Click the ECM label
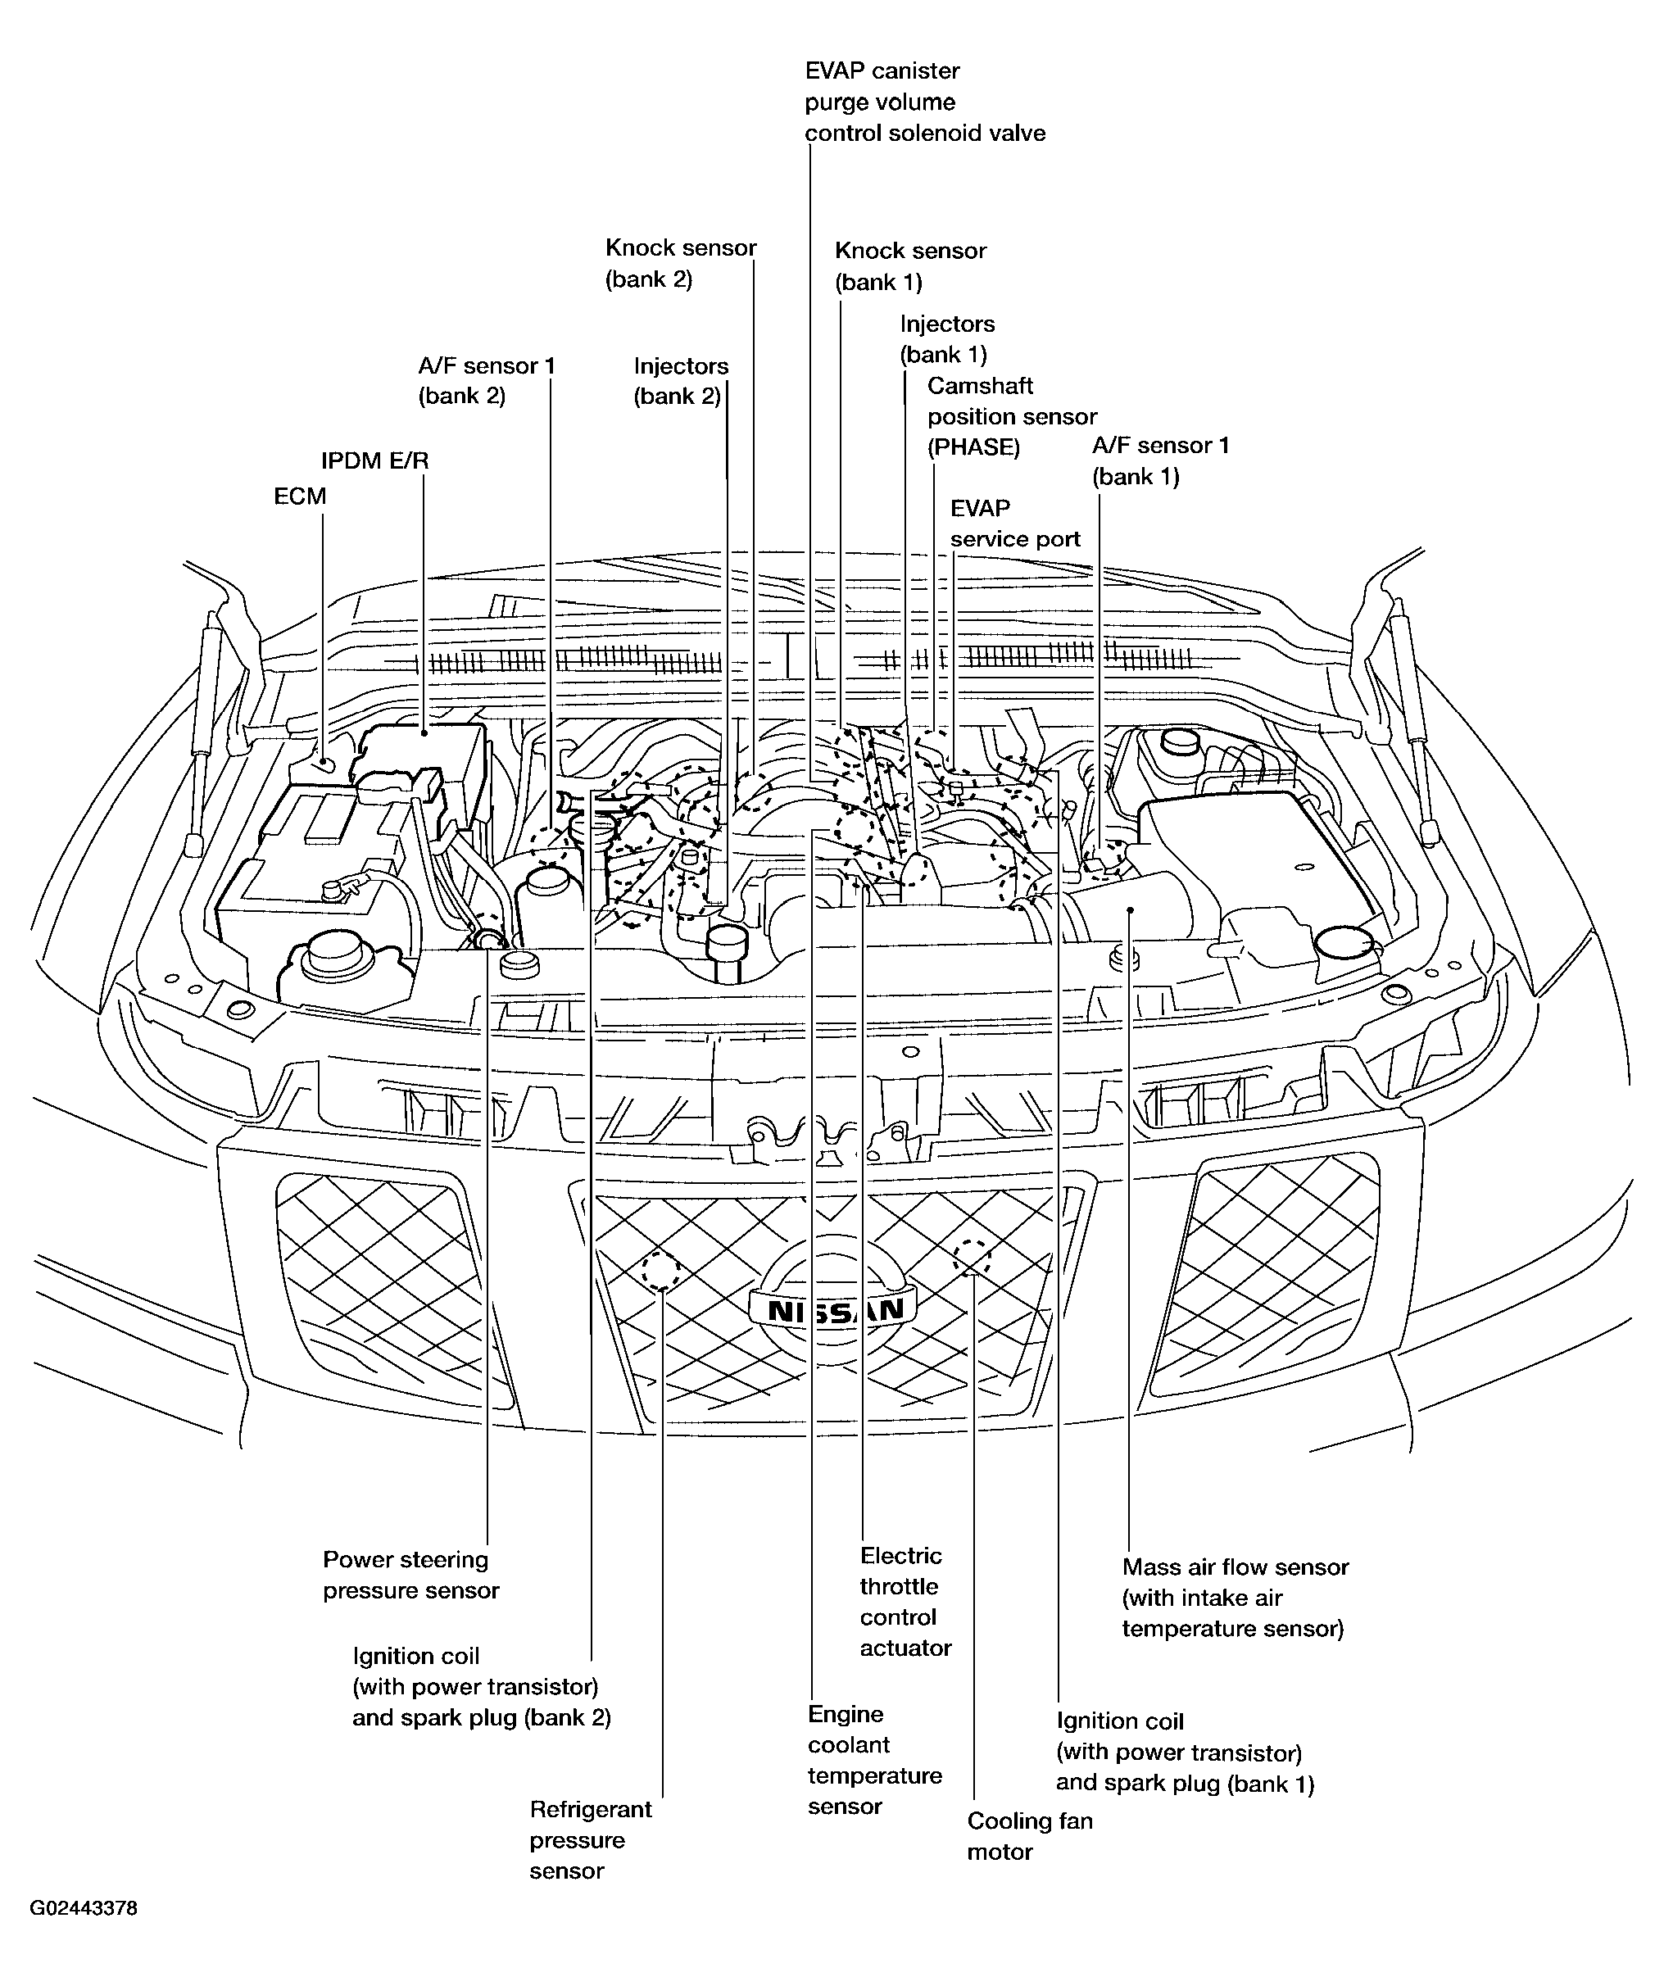coord(300,497)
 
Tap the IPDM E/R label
coord(374,461)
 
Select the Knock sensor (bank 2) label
coord(680,263)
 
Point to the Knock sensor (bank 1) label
coord(910,266)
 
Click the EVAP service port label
coord(1014,524)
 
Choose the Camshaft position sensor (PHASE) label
coord(1011,416)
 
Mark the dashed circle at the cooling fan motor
coord(973,1255)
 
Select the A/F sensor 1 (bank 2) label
coord(487,380)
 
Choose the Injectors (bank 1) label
coord(946,338)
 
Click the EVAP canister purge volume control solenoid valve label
coord(924,102)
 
